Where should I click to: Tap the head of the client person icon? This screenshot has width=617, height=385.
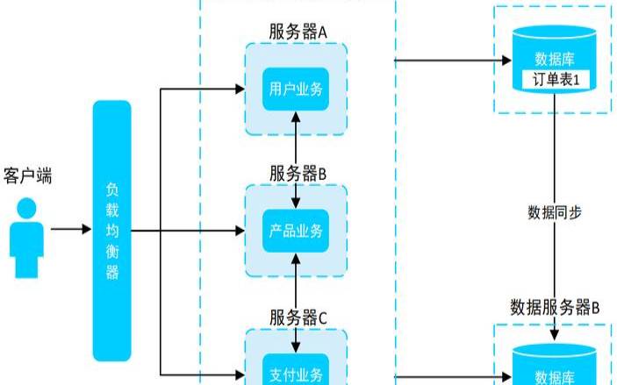28,208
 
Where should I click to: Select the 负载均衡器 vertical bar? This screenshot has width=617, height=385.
111,231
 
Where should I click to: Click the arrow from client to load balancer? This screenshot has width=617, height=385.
70,230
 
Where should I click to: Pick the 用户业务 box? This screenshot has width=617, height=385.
297,89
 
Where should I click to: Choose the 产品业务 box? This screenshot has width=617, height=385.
297,231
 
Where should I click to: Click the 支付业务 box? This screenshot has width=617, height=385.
297,373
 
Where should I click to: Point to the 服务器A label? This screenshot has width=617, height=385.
298,32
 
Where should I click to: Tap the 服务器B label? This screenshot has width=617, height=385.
298,174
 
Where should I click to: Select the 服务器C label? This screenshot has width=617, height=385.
298,317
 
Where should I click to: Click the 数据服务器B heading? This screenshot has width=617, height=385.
555,307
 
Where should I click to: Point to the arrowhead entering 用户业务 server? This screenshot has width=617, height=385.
238,88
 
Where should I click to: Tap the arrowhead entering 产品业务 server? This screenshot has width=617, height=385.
238,231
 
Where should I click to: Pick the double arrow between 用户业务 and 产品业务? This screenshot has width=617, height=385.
297,160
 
